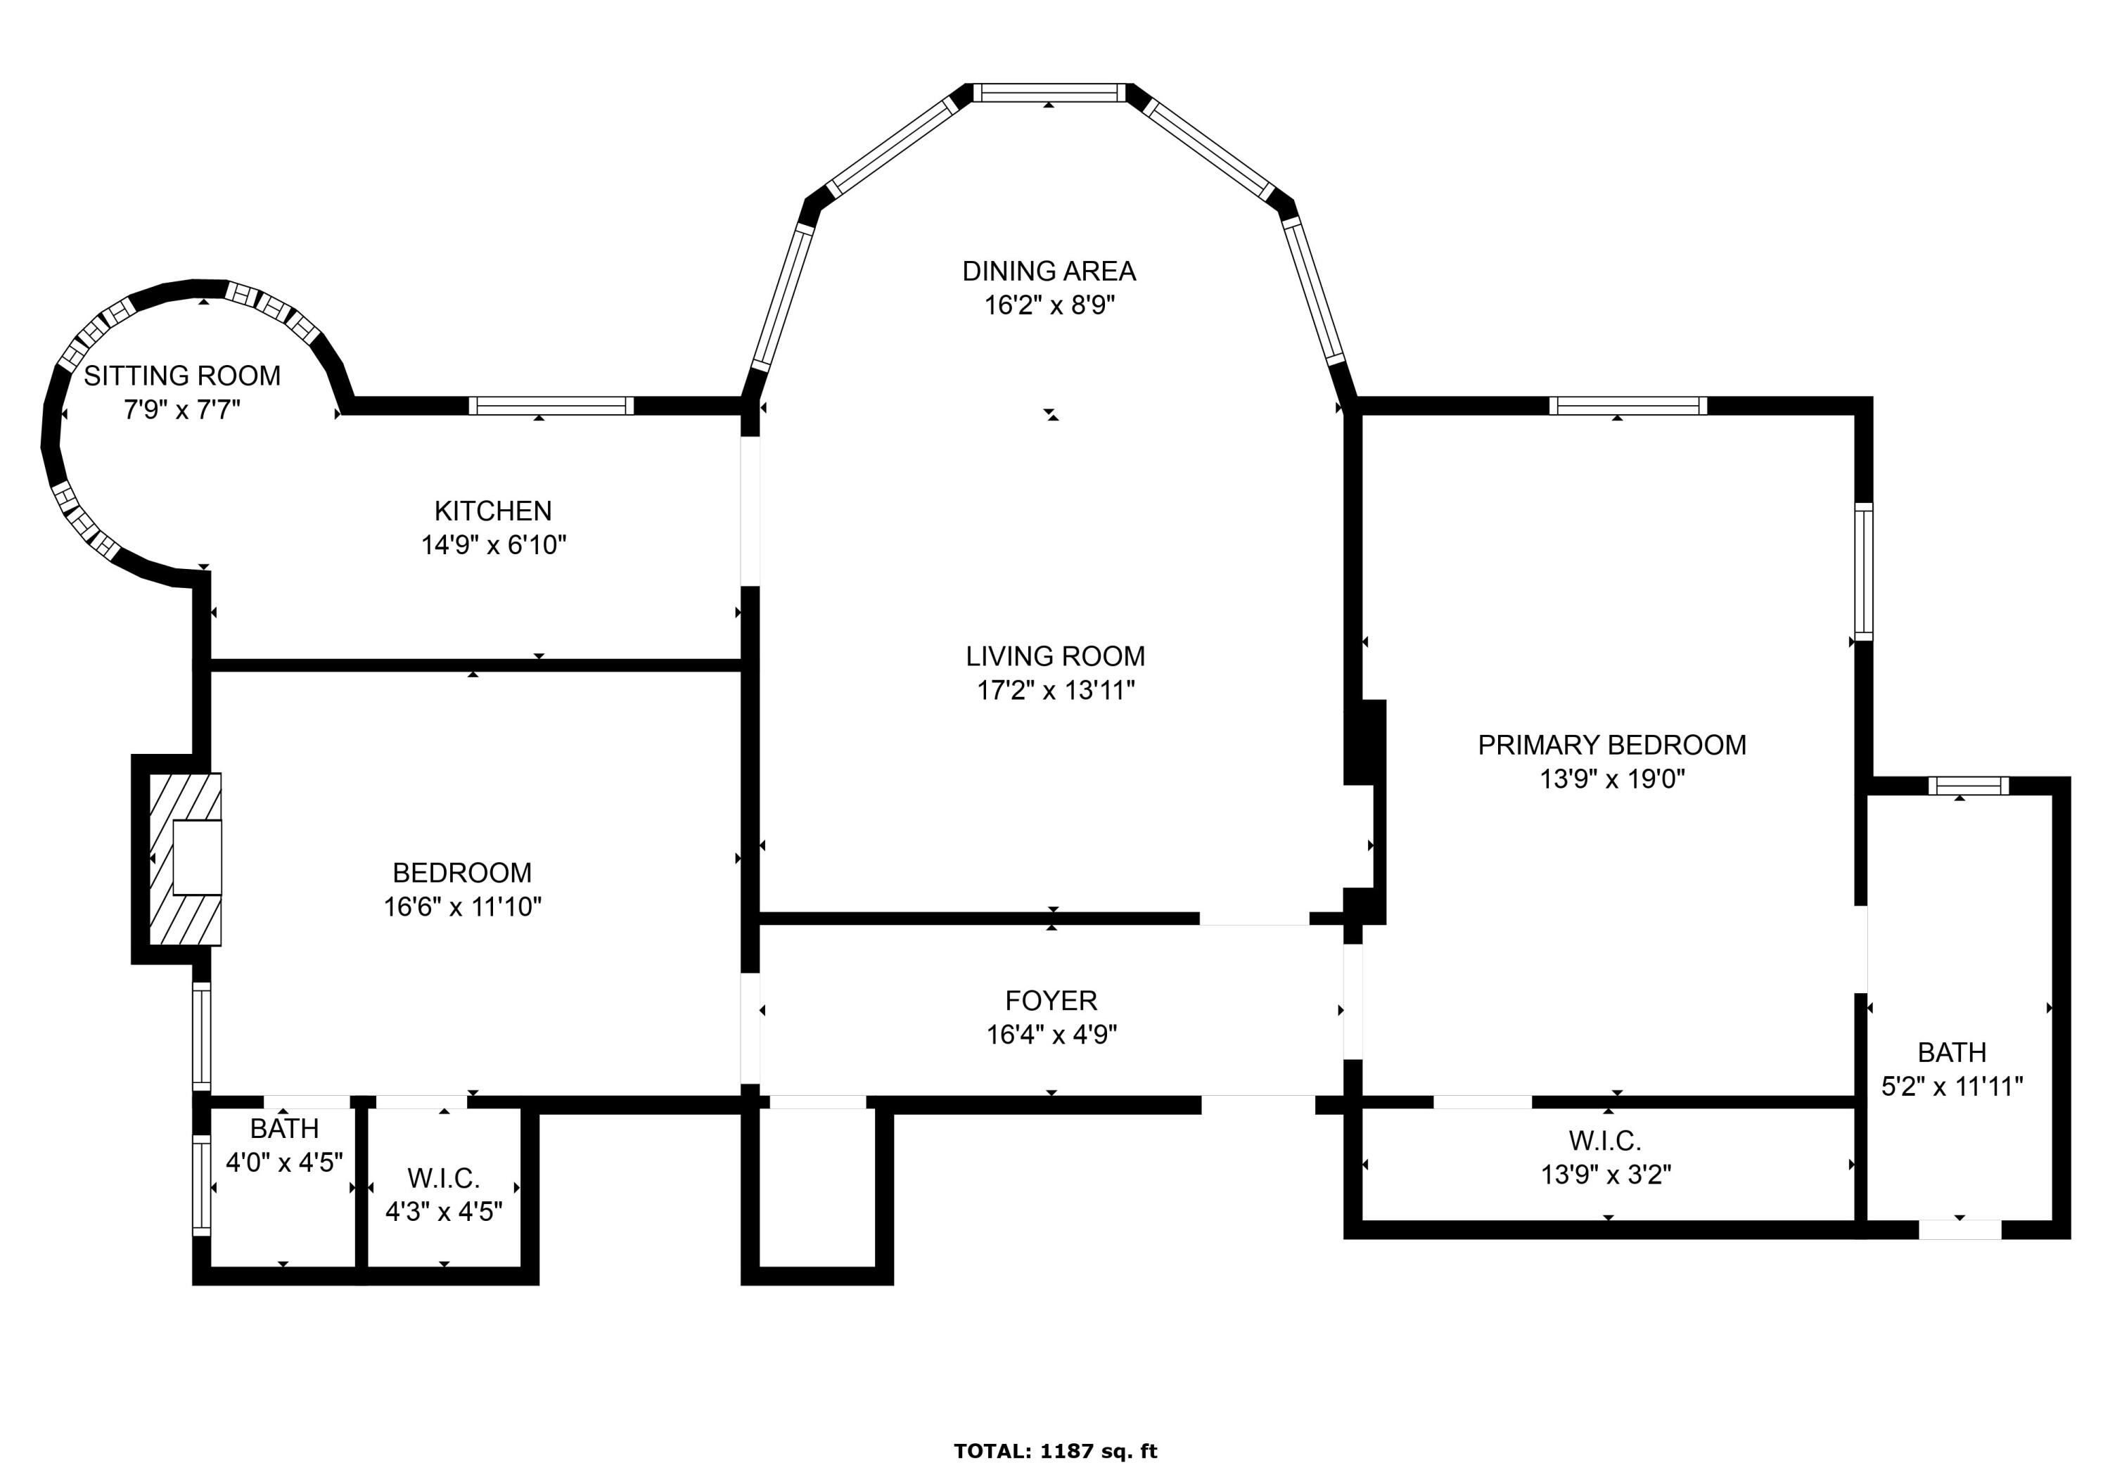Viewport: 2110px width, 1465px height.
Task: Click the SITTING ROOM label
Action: click(x=181, y=376)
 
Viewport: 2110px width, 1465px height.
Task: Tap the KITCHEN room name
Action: click(x=493, y=511)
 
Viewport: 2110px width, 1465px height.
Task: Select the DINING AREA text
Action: click(x=1049, y=271)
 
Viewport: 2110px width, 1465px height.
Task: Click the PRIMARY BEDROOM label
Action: click(x=1611, y=744)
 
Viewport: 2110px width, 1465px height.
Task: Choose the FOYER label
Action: click(x=1051, y=1001)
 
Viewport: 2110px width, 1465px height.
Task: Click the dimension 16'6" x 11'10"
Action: click(x=463, y=907)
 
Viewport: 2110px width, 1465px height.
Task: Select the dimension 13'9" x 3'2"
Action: click(x=1606, y=1175)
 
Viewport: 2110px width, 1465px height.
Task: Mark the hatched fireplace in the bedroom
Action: click(x=186, y=859)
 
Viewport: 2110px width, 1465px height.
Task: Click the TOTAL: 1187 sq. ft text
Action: click(x=1056, y=1451)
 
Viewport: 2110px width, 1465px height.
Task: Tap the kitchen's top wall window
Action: click(x=551, y=406)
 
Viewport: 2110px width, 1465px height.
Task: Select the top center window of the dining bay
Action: click(x=1049, y=93)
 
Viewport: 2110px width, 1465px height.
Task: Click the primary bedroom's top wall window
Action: click(x=1628, y=406)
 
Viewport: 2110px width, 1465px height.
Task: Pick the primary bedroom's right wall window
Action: click(x=1863, y=571)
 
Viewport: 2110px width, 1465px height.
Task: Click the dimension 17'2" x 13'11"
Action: click(x=1056, y=690)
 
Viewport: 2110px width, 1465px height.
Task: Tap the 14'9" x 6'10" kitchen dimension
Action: click(x=494, y=545)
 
